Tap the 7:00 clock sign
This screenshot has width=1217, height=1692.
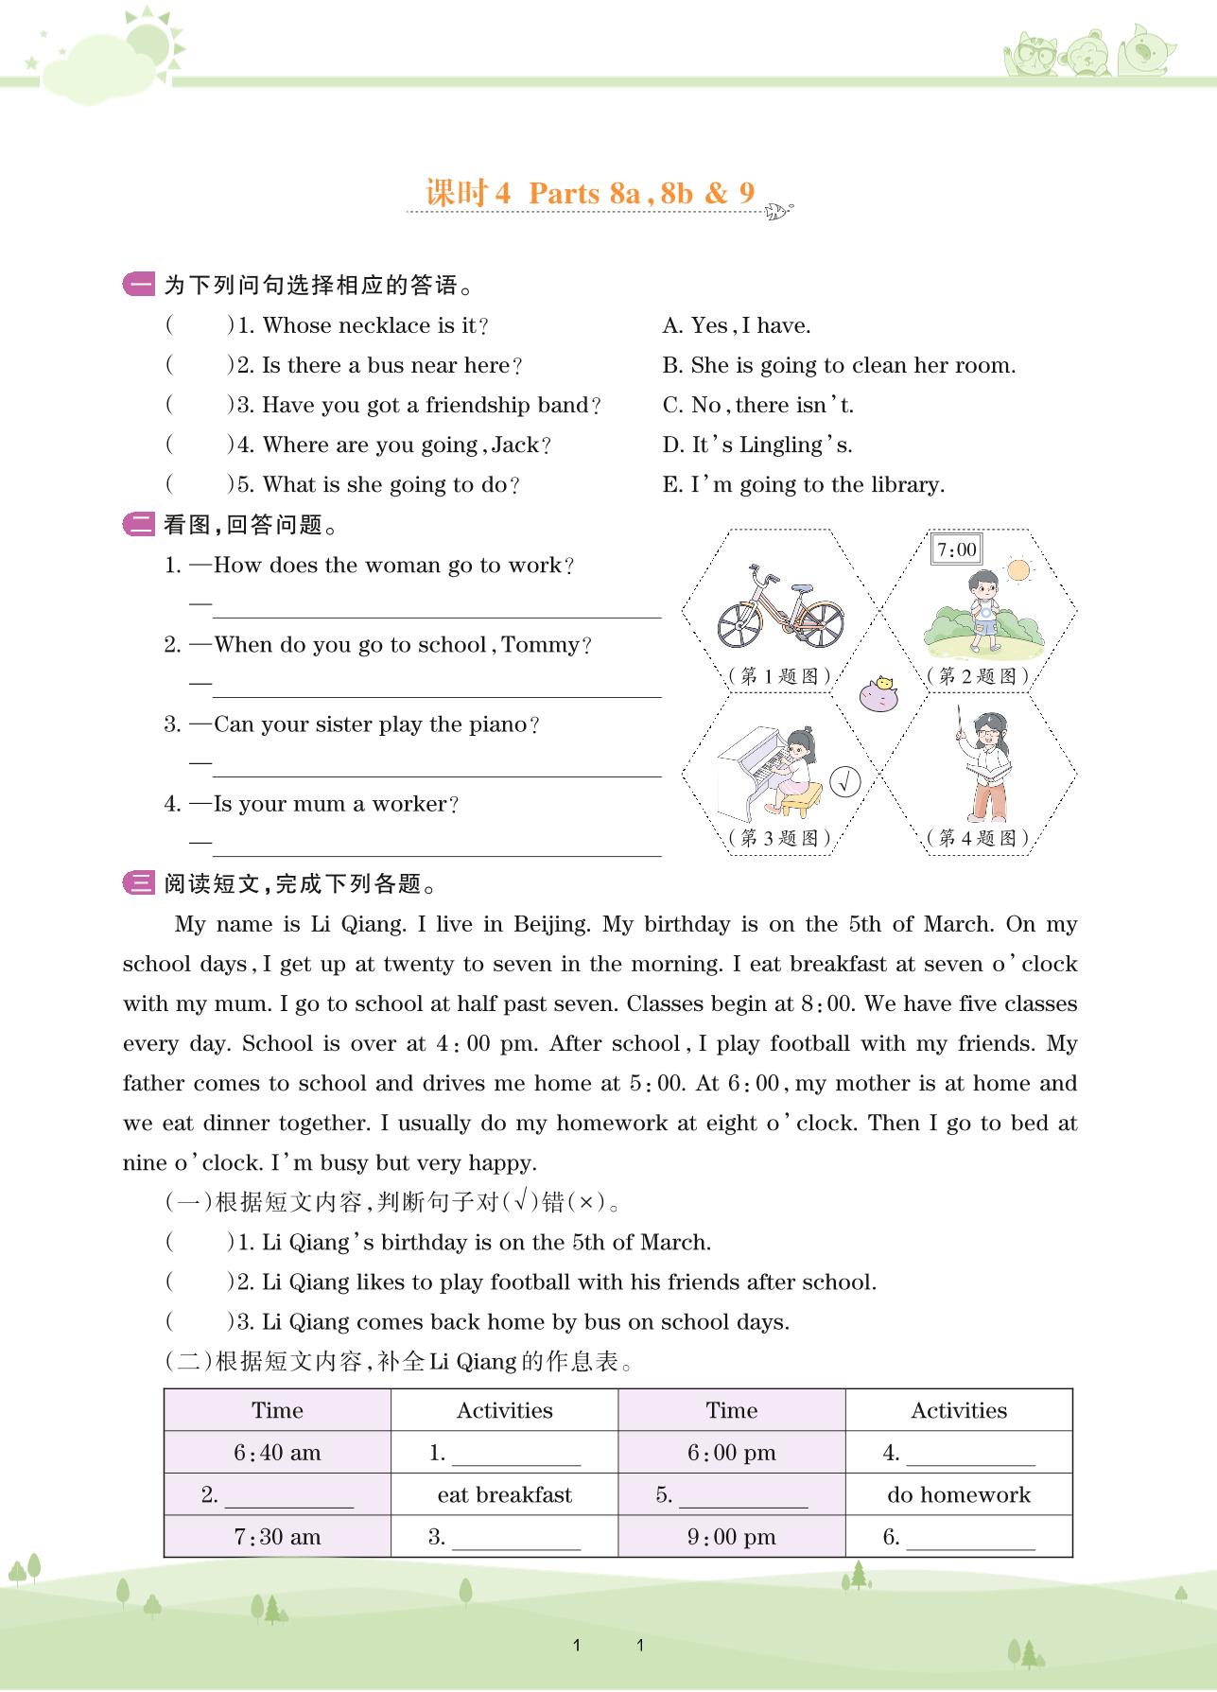click(x=956, y=549)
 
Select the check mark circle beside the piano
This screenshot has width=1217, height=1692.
click(x=845, y=782)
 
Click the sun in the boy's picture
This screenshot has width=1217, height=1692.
click(x=1017, y=570)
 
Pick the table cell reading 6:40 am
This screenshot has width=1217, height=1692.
click(x=277, y=1453)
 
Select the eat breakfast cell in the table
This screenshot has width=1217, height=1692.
click(x=504, y=1495)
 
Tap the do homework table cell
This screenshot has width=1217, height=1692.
click(x=959, y=1495)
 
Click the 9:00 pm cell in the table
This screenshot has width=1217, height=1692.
click(x=731, y=1537)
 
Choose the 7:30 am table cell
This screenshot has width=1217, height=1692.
click(x=277, y=1537)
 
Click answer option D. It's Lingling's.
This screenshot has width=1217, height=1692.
click(x=757, y=445)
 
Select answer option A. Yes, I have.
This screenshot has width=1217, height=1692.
click(x=737, y=326)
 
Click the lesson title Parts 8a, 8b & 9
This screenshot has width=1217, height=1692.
click(x=641, y=194)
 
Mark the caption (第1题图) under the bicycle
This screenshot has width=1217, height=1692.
click(x=780, y=676)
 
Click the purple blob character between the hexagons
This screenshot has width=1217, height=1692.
click(x=878, y=695)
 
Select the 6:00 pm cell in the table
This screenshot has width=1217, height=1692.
click(x=731, y=1453)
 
